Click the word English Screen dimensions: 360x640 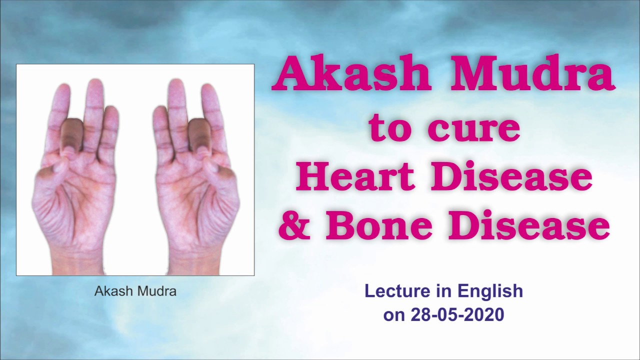[490, 291]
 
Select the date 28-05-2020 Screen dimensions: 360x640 [457, 314]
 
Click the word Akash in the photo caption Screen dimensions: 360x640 [110, 291]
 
